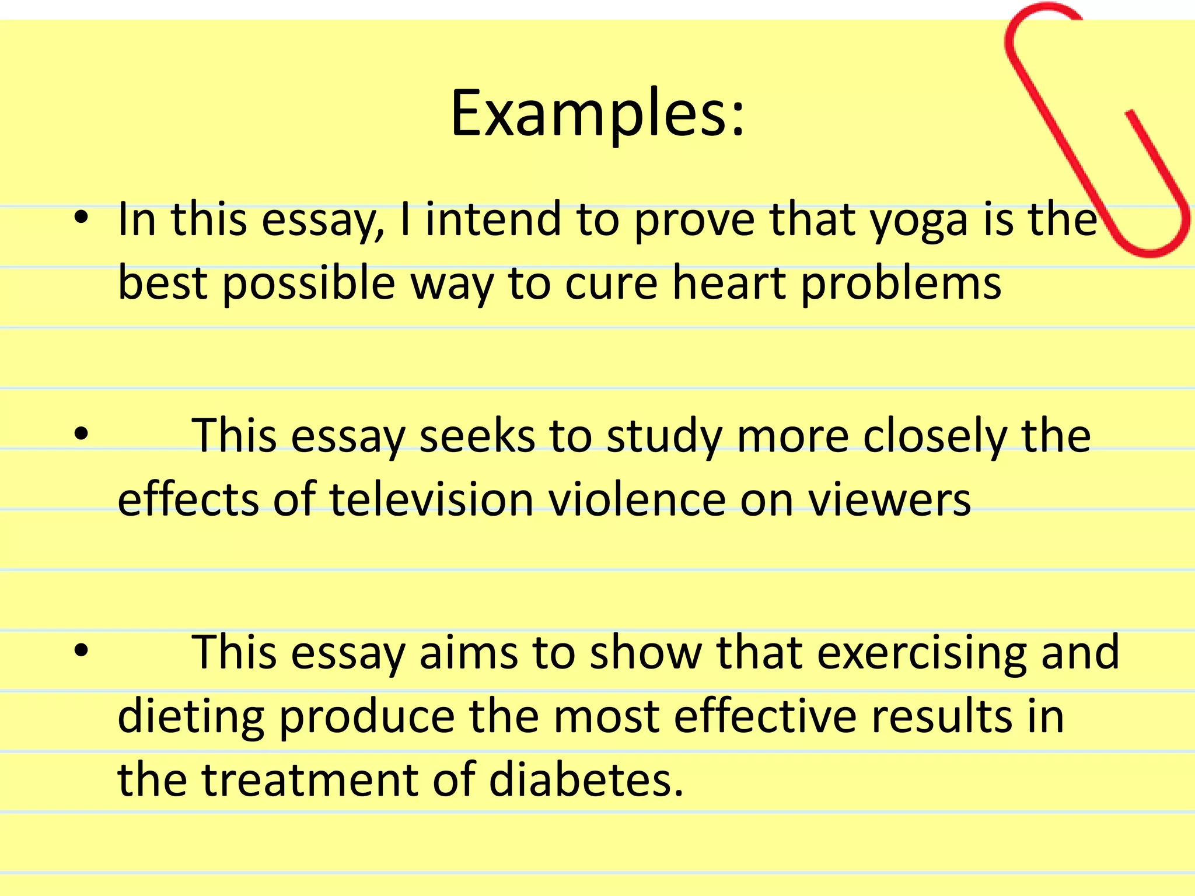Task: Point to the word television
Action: (431, 500)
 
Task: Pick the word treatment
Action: (310, 780)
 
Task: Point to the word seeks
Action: (476, 436)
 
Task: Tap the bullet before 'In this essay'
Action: (81, 218)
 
